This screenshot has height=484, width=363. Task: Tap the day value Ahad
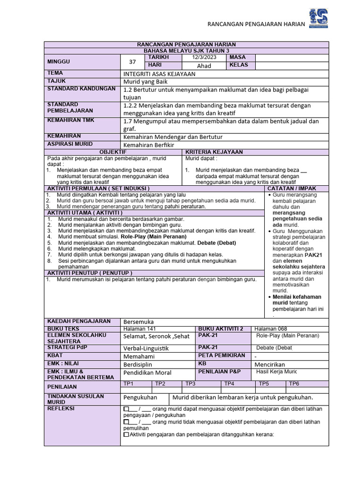204,66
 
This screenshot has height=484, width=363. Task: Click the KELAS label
239,65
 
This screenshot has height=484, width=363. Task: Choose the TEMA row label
55,73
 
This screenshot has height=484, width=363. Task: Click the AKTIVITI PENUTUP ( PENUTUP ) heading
90,273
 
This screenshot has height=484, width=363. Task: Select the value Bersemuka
138,321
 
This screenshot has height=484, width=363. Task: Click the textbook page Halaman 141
139,328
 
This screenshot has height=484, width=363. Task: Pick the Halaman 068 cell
270,328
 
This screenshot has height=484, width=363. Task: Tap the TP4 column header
229,384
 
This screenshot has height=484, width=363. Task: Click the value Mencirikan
270,364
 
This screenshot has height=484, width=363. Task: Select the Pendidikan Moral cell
147,372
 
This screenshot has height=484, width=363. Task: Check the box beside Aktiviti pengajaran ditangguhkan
126,434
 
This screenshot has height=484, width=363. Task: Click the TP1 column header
129,384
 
